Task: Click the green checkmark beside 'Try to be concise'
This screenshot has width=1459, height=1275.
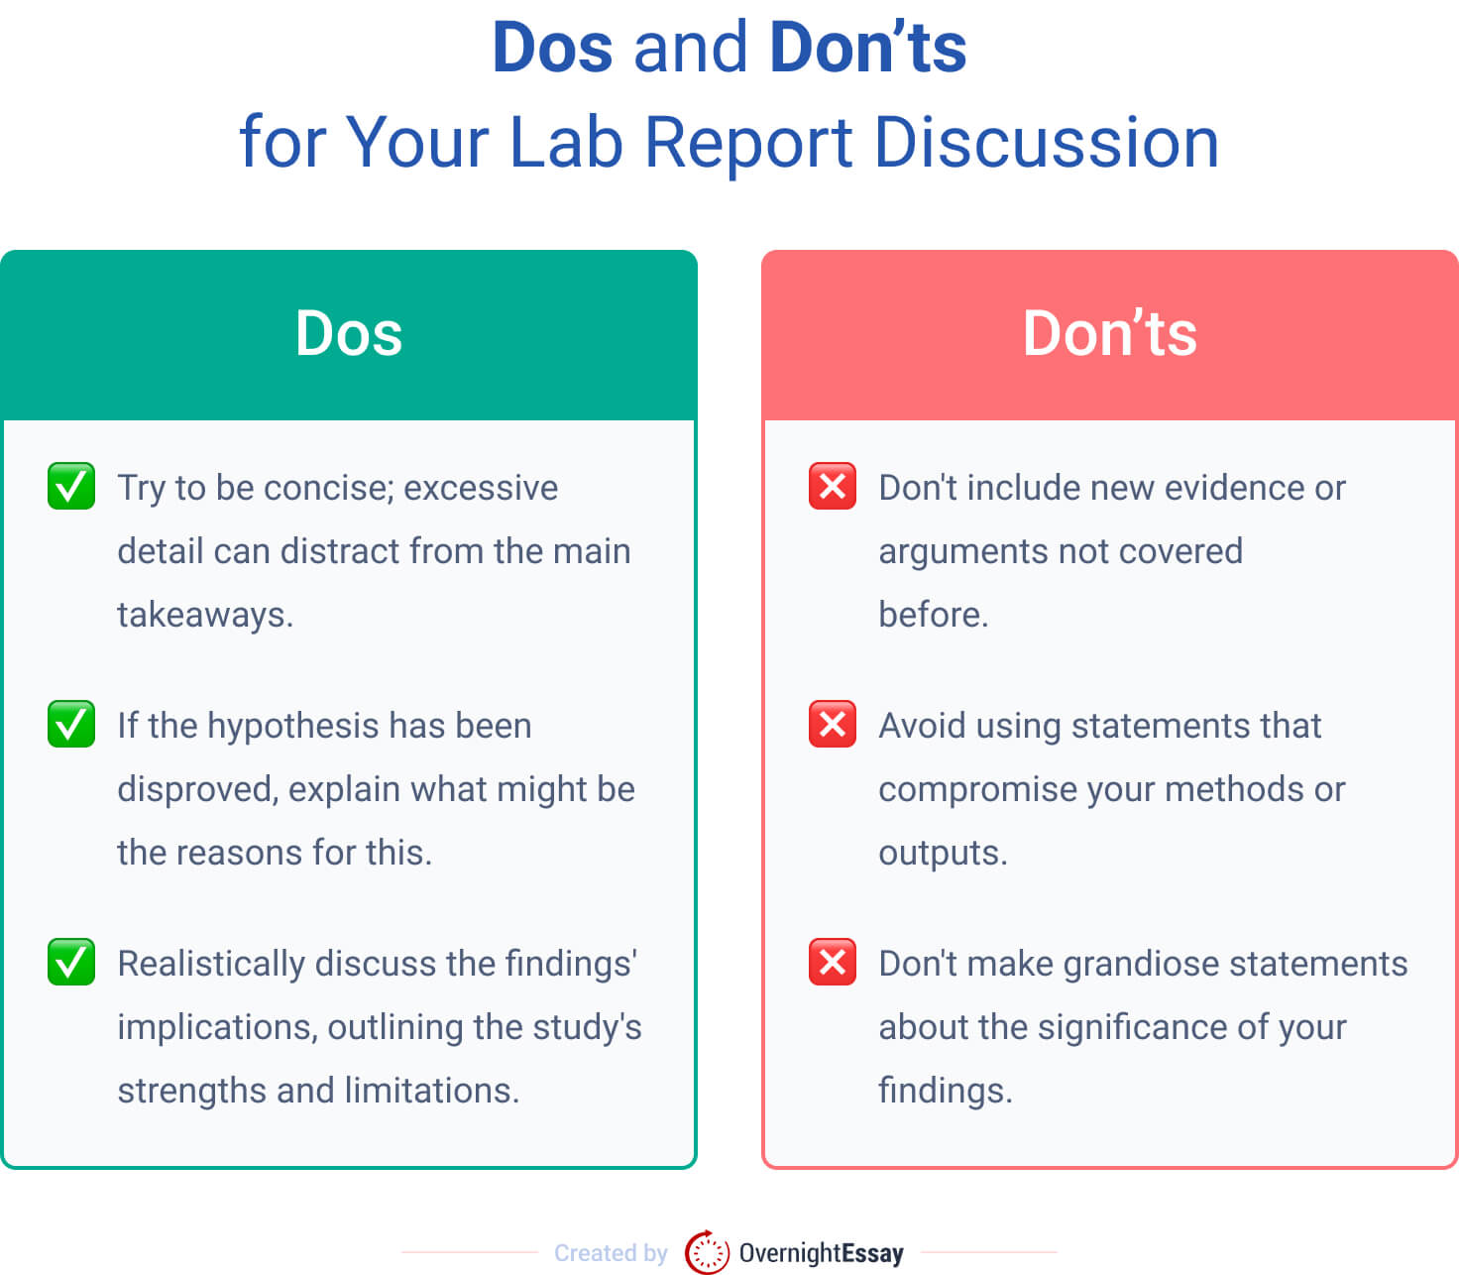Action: point(71,486)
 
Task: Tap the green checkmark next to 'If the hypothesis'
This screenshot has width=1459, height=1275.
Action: point(71,724)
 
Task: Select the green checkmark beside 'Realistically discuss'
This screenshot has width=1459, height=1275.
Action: point(71,962)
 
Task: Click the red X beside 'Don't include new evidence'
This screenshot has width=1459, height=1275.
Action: point(833,486)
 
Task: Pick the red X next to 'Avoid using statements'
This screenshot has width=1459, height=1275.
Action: point(833,724)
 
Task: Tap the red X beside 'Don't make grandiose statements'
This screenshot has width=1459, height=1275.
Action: point(833,962)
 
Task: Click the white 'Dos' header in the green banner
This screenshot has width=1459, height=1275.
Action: point(349,333)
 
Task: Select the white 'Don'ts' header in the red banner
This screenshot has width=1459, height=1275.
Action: point(1109,333)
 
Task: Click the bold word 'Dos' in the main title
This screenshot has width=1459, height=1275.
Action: point(552,48)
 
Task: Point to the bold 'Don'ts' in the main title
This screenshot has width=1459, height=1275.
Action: point(867,48)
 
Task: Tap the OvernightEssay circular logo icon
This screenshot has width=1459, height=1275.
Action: point(707,1252)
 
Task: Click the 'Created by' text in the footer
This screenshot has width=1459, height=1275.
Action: point(611,1253)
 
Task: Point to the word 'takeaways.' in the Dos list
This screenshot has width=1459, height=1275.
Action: point(205,616)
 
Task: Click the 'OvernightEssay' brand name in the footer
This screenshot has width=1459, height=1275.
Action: point(821,1253)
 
